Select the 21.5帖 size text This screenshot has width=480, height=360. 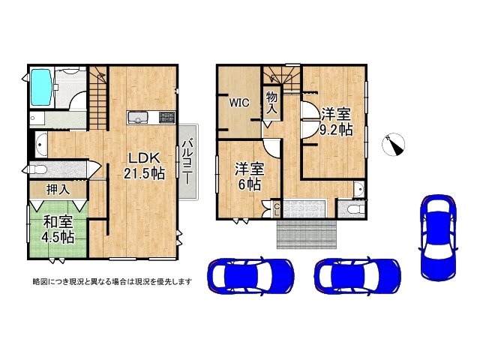pos(144,173)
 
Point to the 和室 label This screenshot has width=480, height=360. pos(58,221)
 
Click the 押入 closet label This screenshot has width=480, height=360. pos(58,190)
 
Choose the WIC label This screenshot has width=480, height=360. pos(239,103)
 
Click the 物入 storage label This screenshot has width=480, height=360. pos(271,103)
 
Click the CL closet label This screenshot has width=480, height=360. pos(276,208)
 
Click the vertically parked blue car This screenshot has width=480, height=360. pos(437,235)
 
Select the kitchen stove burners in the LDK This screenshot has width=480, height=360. pos(166,117)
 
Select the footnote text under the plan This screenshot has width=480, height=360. pos(111,282)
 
